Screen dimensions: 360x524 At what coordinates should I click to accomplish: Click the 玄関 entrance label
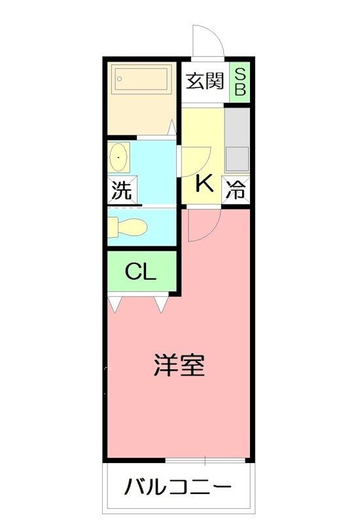204,81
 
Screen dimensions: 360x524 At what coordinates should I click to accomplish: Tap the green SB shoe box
240,83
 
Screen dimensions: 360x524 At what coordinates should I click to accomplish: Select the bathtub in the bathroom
141,79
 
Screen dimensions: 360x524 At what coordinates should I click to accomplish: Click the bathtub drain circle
119,79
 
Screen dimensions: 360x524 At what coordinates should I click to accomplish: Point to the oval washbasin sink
118,157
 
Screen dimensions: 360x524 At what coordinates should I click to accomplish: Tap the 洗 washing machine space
122,189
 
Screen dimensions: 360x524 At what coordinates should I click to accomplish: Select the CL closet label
141,272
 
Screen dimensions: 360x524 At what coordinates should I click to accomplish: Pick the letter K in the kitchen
204,183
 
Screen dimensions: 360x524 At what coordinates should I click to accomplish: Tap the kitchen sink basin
237,159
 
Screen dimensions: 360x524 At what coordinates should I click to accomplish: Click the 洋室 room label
179,365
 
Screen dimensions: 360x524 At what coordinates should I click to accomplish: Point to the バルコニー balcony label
177,487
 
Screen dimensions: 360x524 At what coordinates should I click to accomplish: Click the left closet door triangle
114,305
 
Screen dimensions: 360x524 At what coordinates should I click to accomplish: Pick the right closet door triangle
161,305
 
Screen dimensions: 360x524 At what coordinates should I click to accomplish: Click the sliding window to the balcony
206,460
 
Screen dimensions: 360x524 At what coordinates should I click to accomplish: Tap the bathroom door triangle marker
171,127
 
